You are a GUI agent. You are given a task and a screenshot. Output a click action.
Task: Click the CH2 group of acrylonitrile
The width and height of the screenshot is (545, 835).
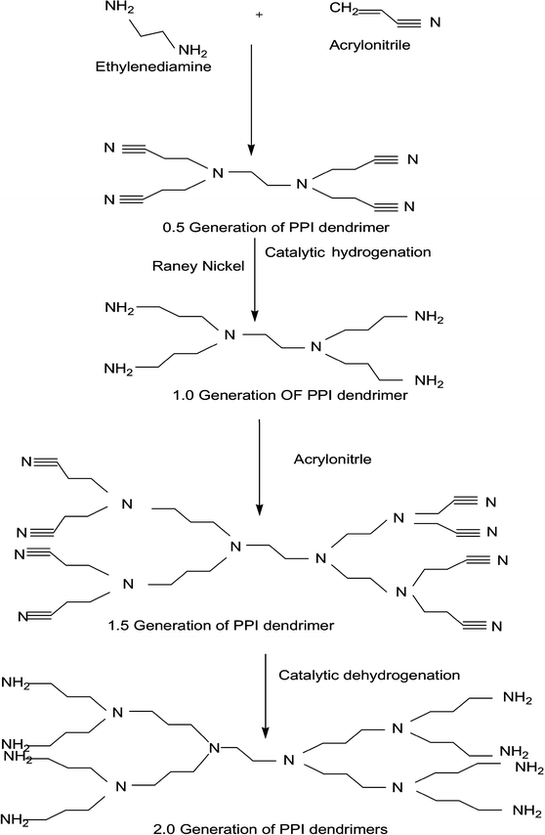click(344, 12)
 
